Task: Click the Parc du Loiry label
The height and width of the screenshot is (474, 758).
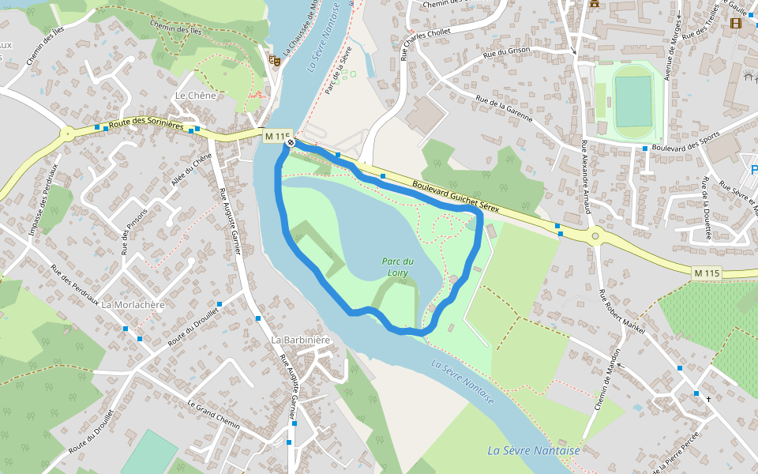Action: [x=398, y=267]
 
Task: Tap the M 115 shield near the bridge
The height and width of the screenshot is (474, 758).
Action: [x=277, y=137]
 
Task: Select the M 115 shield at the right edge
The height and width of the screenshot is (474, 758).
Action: [x=707, y=273]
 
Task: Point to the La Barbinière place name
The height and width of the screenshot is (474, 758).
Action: [x=300, y=340]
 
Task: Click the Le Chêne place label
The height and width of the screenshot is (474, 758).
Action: [x=195, y=96]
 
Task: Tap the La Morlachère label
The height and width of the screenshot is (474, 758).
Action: [x=133, y=305]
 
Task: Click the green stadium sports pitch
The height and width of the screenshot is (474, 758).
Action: [x=633, y=101]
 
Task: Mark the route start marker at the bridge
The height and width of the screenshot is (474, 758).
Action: [x=291, y=143]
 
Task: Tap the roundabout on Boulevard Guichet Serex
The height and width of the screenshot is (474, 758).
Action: [x=595, y=235]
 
